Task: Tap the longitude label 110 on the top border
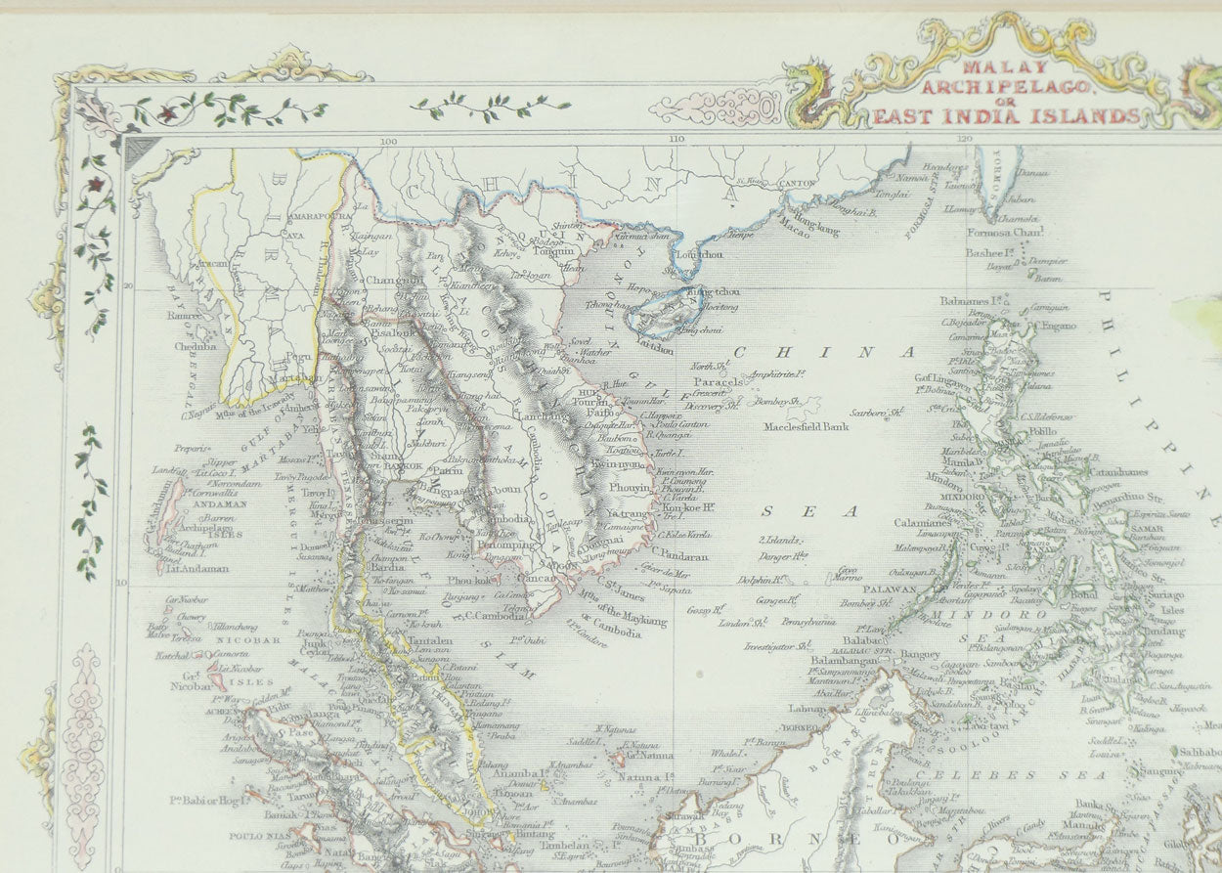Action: pos(676,139)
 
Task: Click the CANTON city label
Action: pos(799,184)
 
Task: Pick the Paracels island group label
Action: pos(715,381)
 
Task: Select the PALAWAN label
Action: pos(889,589)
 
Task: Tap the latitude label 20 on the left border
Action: pos(129,285)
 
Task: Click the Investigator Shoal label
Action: pos(777,645)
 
